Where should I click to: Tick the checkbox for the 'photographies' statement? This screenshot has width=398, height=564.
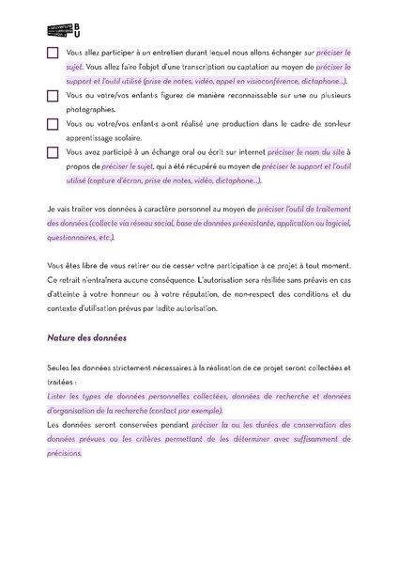pyautogui.click(x=52, y=96)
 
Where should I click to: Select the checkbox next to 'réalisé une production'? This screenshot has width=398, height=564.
pyautogui.click(x=52, y=123)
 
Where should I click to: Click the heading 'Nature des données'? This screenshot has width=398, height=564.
pyautogui.click(x=85, y=335)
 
